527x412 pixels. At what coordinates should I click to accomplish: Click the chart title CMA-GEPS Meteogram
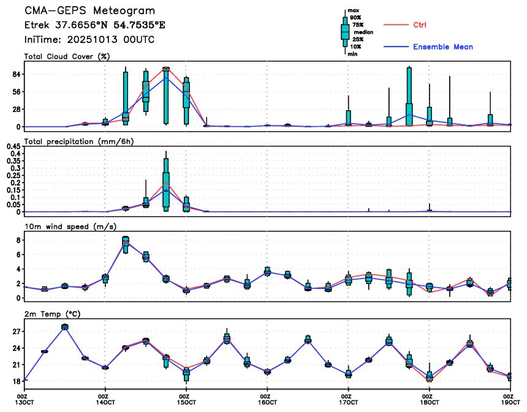[x=89, y=11]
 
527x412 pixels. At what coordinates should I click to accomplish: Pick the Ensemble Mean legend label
[x=442, y=47]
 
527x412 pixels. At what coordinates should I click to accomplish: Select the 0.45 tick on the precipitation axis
[x=12, y=146]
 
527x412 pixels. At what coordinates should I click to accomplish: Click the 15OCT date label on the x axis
[x=186, y=402]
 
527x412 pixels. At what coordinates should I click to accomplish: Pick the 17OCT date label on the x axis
[x=348, y=402]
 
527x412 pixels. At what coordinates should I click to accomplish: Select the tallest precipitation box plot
[x=166, y=184]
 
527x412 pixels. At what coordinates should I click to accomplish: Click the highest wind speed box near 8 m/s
[x=126, y=244]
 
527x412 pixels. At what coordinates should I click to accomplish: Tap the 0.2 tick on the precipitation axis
[x=15, y=182]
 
